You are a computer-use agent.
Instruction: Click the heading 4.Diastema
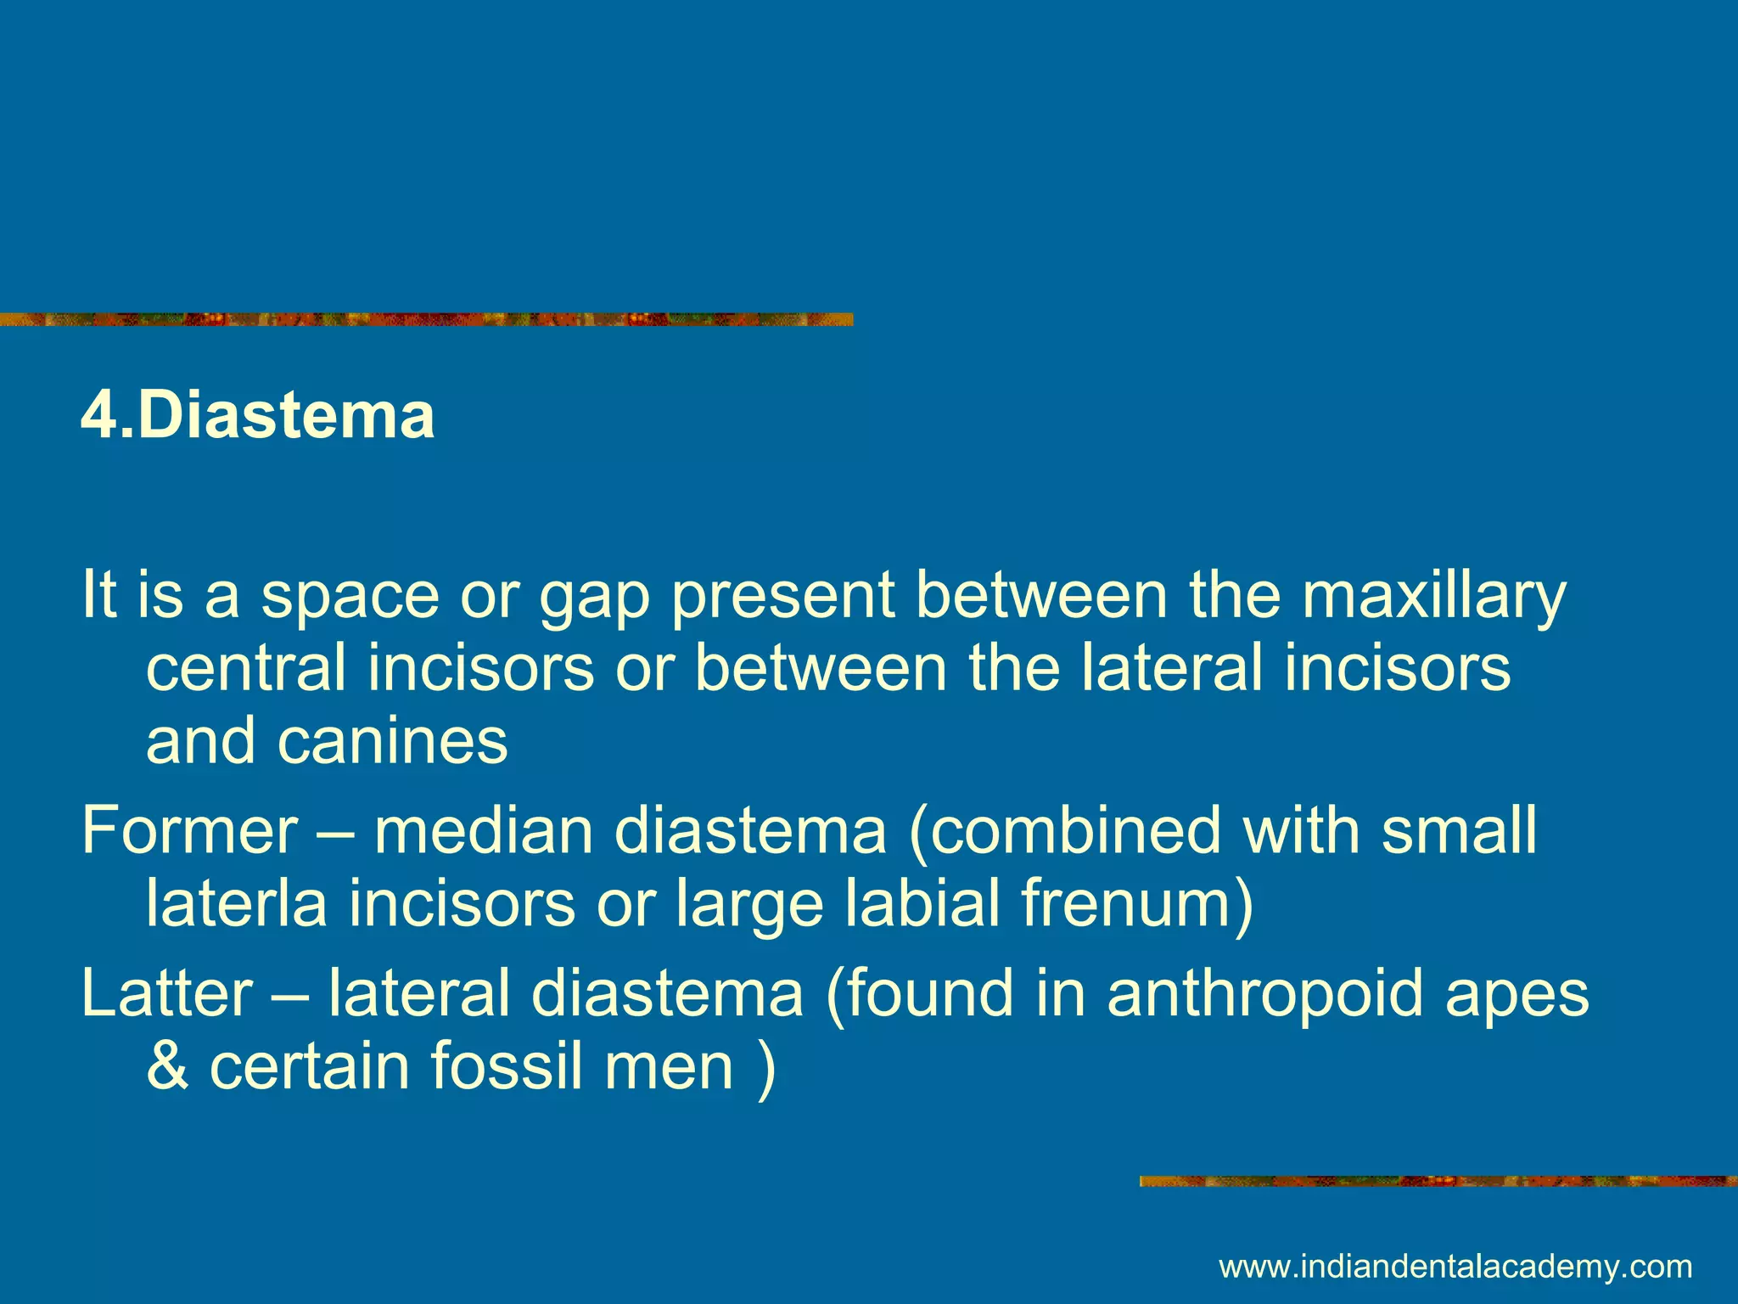pos(257,416)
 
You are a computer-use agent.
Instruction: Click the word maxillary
pos(1433,596)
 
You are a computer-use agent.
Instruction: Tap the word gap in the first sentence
pos(593,596)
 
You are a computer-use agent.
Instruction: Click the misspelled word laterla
pos(236,903)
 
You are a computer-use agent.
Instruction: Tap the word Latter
pos(166,993)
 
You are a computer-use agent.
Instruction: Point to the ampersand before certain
pos(167,1066)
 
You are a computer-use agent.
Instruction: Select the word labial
pos(922,903)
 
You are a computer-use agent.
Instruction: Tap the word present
pos(782,598)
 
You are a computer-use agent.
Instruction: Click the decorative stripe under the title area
pos(424,319)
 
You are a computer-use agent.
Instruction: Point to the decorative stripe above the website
pos(1438,1181)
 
